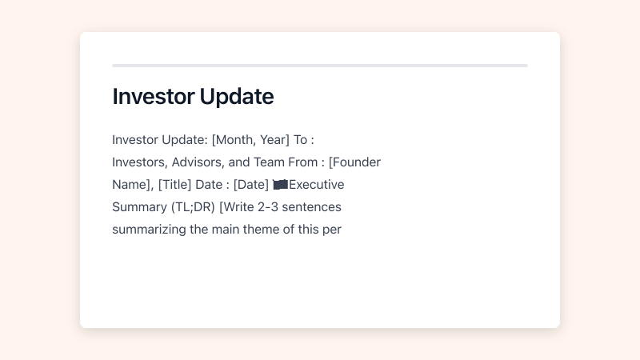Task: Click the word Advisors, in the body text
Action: (x=198, y=162)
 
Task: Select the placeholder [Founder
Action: (x=354, y=162)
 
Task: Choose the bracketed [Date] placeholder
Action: (x=251, y=185)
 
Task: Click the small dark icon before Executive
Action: (x=280, y=185)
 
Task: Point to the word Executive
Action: (x=316, y=185)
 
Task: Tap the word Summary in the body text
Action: (x=139, y=207)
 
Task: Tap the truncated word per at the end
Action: (x=332, y=230)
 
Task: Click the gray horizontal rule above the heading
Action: (x=320, y=66)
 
